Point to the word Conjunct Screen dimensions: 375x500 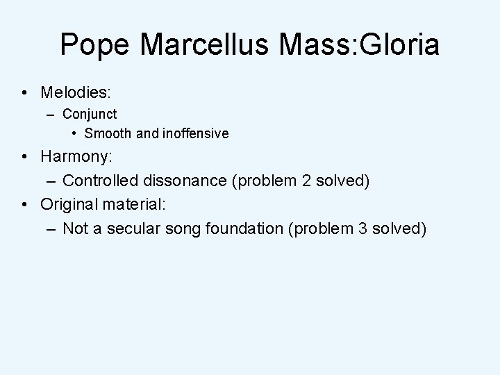click(90, 113)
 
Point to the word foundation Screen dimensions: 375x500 click(241, 229)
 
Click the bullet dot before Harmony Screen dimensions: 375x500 click(24, 158)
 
